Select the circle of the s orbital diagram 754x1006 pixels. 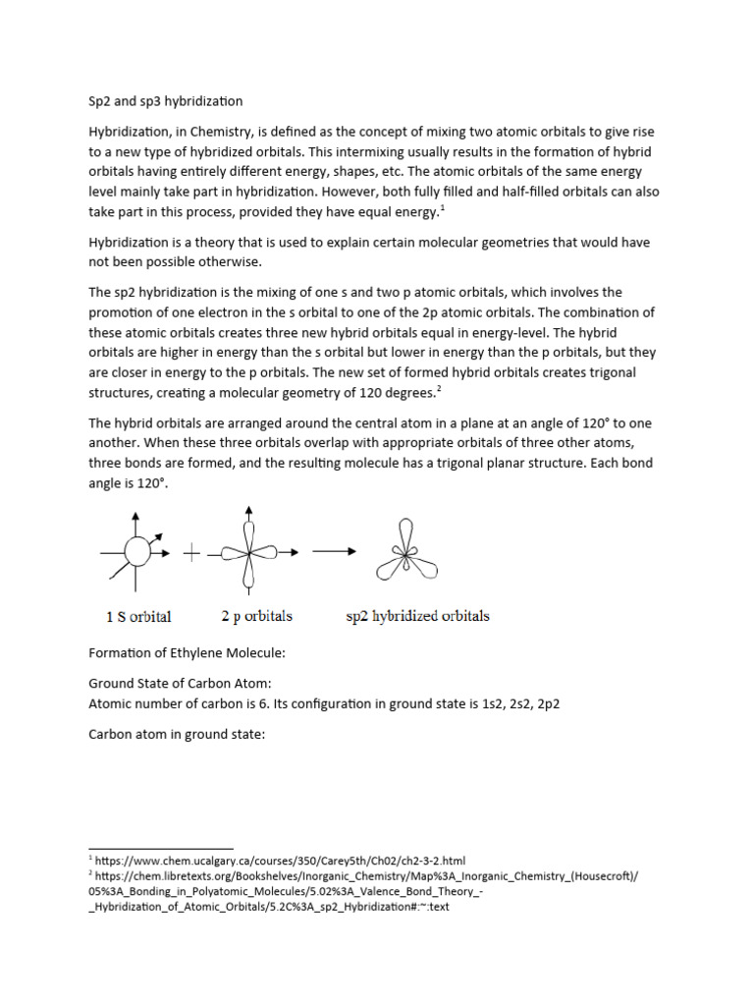(137, 553)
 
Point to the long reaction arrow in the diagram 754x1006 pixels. (334, 552)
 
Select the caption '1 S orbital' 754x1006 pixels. (138, 617)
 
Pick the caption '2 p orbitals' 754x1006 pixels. (256, 616)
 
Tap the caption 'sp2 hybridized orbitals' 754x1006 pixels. (419, 616)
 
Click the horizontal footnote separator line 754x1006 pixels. (161, 848)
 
